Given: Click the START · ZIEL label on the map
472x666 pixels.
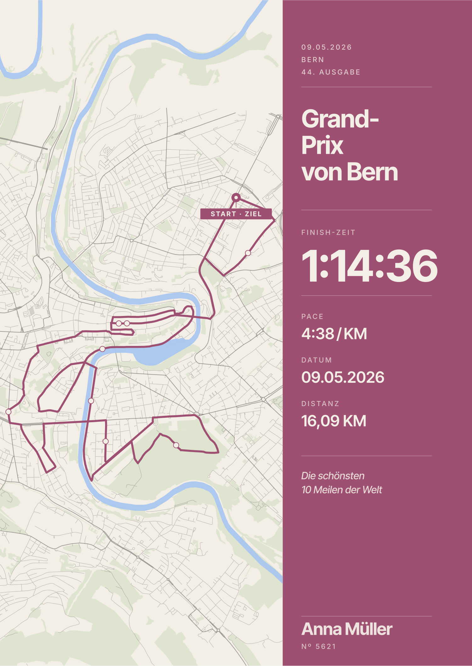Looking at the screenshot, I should tap(236, 214).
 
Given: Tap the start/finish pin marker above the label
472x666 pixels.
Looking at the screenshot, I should tap(236, 198).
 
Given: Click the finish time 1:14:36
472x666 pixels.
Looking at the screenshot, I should tap(369, 266).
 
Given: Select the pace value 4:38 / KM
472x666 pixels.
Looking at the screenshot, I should tap(334, 334).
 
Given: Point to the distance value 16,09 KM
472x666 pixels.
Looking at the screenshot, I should tap(334, 421).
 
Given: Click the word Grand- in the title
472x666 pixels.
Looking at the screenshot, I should tap(340, 119).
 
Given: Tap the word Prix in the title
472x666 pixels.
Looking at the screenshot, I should tap(322, 146).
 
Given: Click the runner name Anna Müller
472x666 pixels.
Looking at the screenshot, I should tap(347, 629).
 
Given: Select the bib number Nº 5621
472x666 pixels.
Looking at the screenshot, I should tap(318, 647).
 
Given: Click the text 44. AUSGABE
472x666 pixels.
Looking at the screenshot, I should tap(331, 72).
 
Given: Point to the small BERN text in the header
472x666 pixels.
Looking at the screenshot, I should tap(312, 60).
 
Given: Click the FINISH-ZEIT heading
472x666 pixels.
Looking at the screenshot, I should tap(328, 233).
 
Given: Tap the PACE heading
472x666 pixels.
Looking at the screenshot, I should tap(312, 317).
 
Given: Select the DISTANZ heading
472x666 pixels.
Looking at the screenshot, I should tap(320, 404).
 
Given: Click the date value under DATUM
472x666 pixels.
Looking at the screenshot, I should tap(343, 377).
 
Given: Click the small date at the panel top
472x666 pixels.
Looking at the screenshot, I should tap(327, 47).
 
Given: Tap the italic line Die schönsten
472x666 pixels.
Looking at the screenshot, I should tap(333, 476).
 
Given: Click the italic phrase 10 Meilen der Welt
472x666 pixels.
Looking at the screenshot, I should tap(342, 490).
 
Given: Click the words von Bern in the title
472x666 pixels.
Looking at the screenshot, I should tap(350, 172).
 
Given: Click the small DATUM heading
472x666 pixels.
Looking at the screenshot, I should tap(317, 360).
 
